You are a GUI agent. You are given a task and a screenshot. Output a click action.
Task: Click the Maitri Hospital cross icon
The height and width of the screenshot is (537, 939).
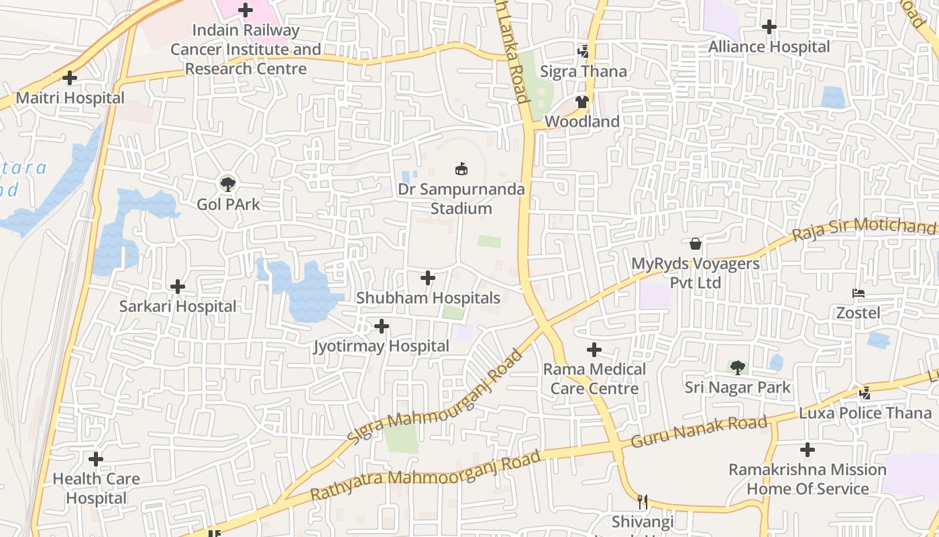[70, 78]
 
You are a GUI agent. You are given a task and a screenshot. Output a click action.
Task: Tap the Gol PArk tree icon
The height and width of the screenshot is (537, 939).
[228, 183]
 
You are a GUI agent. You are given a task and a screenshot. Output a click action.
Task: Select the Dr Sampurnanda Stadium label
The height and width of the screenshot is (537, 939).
[461, 199]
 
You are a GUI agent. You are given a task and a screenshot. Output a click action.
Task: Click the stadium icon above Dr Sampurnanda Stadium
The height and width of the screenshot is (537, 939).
[461, 168]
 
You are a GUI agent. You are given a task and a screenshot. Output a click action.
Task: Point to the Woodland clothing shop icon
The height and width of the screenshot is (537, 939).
[582, 102]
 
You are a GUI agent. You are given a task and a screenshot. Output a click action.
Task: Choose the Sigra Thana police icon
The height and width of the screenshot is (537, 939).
[584, 51]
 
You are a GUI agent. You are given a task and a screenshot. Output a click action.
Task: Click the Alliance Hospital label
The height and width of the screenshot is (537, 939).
[769, 47]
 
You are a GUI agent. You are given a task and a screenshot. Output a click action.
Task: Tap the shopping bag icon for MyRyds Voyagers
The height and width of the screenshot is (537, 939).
[696, 243]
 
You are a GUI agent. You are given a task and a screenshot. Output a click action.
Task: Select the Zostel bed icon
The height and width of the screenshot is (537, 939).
[858, 293]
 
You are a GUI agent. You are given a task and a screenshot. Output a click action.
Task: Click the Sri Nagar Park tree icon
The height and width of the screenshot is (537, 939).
[738, 367]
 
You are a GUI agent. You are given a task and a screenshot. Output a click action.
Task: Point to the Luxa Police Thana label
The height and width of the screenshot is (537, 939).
[865, 413]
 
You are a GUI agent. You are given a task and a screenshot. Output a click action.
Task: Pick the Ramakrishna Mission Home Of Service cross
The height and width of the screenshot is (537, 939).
[808, 450]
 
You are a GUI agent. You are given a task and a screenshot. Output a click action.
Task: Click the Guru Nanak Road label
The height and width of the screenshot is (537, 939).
[699, 432]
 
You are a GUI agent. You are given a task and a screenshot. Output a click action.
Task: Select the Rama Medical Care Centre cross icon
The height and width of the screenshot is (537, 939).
[594, 350]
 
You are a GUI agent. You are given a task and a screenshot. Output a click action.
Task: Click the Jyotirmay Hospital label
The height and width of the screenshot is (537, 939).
[382, 346]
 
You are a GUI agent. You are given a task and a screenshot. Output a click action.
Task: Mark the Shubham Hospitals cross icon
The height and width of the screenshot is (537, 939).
[428, 278]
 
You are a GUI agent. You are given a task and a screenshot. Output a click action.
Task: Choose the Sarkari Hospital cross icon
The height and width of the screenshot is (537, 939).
[178, 287]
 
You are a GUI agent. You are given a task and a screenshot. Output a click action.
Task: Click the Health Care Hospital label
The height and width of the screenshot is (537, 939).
[96, 489]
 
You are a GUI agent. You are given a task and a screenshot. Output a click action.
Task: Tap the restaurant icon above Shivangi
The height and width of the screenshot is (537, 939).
[643, 501]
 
